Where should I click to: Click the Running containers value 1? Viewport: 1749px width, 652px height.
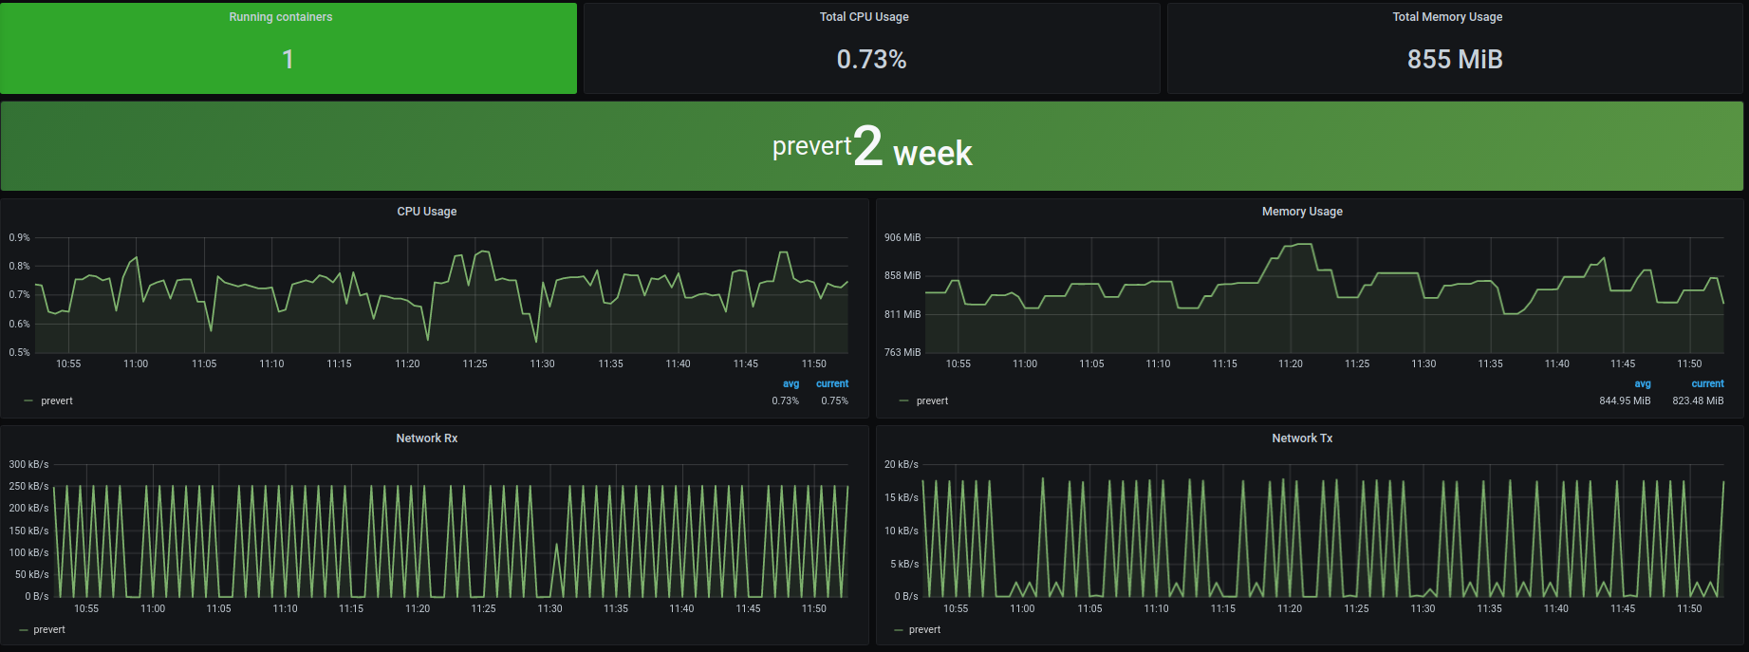click(288, 60)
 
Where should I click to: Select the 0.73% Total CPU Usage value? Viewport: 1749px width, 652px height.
click(871, 60)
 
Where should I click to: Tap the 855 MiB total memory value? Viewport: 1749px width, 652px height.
click(1454, 60)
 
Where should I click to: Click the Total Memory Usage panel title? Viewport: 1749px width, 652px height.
click(1447, 17)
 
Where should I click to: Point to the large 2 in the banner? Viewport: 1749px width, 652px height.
click(867, 147)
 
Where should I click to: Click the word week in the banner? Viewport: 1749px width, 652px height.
click(932, 154)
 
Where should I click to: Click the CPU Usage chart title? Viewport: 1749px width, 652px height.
click(427, 212)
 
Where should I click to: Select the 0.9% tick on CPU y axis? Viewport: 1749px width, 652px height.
click(20, 237)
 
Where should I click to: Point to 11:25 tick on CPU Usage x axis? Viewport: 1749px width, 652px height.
click(474, 363)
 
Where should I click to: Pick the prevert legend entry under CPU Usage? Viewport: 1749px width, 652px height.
click(57, 401)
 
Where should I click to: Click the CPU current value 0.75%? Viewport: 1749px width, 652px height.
click(834, 401)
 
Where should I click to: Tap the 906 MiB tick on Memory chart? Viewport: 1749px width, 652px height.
click(902, 237)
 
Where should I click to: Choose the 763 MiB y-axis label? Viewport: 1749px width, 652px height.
click(902, 352)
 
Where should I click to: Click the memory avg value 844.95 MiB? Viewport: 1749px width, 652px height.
click(1625, 401)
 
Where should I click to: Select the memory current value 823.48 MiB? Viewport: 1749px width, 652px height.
click(1698, 401)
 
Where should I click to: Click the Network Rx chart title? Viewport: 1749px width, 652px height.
click(427, 438)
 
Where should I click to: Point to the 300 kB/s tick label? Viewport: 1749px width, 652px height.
click(28, 464)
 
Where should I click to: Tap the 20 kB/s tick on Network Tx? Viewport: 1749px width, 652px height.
click(902, 464)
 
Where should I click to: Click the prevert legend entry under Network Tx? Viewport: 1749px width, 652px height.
click(924, 629)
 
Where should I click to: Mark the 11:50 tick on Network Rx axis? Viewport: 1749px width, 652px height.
click(814, 608)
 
